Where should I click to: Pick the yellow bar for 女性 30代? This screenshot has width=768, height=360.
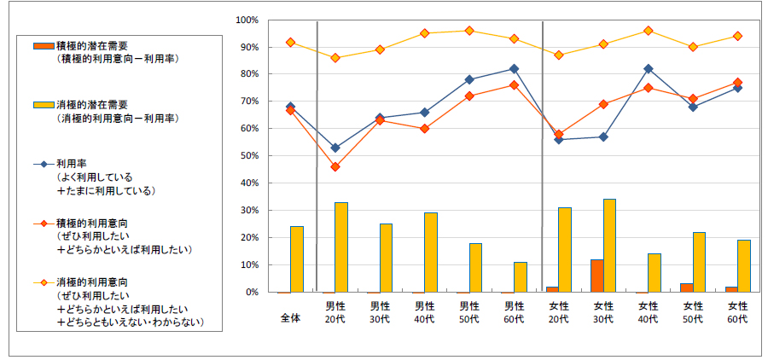point(609,246)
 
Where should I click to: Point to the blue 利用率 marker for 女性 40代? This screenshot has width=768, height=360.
point(649,69)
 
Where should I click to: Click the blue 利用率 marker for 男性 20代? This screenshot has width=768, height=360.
point(335,148)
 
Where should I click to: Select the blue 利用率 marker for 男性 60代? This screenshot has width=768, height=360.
point(514,69)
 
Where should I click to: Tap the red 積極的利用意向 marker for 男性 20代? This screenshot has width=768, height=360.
point(335,166)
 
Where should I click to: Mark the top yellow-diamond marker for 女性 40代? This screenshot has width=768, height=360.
point(649,31)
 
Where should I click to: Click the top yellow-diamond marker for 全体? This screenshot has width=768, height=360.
point(291,42)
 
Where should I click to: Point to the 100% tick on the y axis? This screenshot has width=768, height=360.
point(247,20)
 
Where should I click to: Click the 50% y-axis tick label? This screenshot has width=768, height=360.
point(249,156)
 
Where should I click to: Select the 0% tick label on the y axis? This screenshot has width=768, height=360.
point(252,292)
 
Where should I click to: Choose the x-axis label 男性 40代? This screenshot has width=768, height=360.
point(425,311)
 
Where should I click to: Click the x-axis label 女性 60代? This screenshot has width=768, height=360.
point(737,311)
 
